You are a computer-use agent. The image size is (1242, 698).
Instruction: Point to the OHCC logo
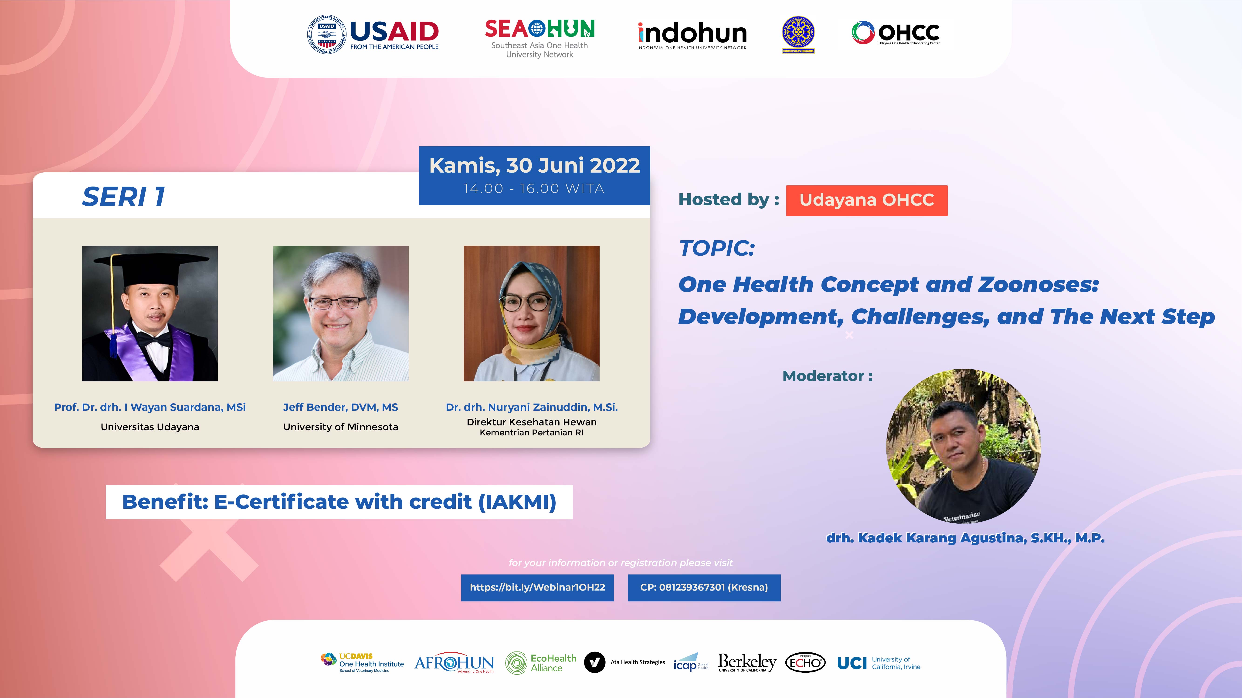tap(895, 33)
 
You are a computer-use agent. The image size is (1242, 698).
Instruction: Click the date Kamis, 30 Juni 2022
tap(534, 165)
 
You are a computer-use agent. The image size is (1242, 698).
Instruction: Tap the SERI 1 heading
tap(124, 197)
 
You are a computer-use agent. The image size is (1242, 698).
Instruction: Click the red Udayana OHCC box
tap(866, 200)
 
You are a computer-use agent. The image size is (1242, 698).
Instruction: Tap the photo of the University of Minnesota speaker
tap(340, 314)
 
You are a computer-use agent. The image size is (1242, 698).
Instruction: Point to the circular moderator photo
tap(963, 446)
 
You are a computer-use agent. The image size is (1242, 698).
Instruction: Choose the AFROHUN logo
tap(454, 663)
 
